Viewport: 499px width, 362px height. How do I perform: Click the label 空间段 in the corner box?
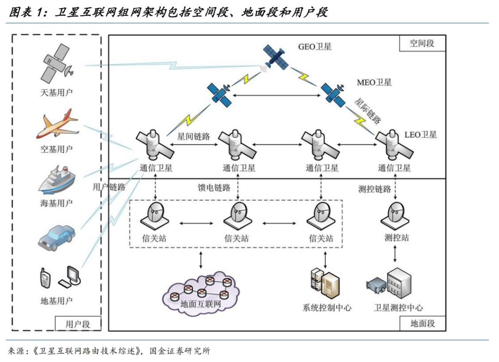coord(422,44)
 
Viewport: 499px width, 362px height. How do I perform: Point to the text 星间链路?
coord(194,137)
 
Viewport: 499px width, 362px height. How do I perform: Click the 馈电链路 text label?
coord(214,187)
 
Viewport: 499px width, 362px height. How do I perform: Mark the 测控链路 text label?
coord(375,189)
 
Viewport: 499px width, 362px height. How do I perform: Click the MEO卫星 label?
coord(374,82)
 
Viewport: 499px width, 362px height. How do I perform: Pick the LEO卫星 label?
coord(420,135)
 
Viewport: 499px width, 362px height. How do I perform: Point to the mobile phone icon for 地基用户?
coord(45,278)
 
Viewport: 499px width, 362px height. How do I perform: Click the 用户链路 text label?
coord(109,187)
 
